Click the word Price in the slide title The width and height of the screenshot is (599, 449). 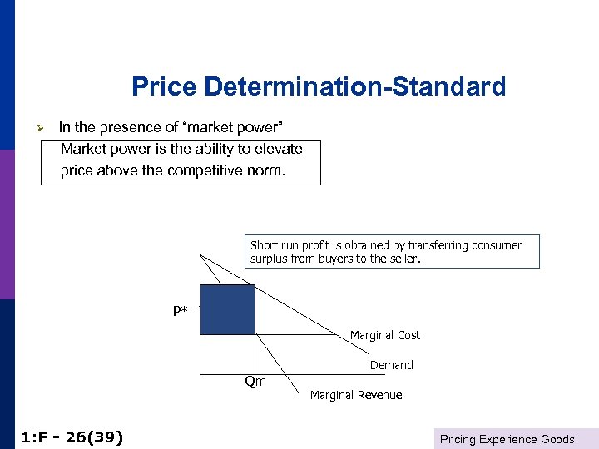[165, 87]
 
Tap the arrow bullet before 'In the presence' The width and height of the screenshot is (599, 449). [47, 128]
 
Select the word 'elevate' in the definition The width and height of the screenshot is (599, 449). [275, 150]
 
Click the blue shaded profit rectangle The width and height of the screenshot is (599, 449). [227, 309]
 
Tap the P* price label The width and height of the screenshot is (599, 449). [181, 312]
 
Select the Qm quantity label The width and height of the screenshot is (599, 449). [255, 382]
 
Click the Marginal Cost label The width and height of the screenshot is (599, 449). [384, 335]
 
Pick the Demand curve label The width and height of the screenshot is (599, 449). [391, 365]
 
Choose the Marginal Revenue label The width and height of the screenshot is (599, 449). [356, 395]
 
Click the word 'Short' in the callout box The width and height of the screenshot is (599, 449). [264, 245]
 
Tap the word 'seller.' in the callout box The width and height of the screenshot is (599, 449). [403, 259]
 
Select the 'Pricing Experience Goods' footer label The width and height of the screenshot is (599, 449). [507, 439]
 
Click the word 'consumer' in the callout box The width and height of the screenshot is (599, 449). [496, 245]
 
